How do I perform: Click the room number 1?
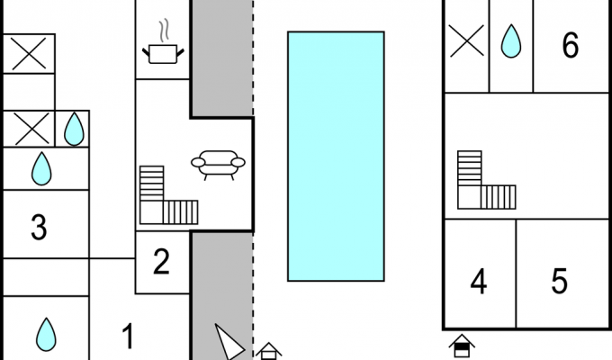129,337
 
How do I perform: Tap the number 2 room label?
162,261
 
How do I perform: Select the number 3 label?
39,227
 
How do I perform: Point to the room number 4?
479,281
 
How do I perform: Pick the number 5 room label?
559,281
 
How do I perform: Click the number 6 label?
571,45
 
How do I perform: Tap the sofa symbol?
218,165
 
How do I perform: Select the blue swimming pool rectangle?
336,157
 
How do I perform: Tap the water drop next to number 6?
511,41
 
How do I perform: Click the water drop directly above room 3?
41,168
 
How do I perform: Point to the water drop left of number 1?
46,335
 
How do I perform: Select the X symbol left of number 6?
466,40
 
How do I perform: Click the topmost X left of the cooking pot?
29,54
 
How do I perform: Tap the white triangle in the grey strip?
229,341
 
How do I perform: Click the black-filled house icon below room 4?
462,346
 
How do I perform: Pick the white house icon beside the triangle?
268,351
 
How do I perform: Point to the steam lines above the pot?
165,30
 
